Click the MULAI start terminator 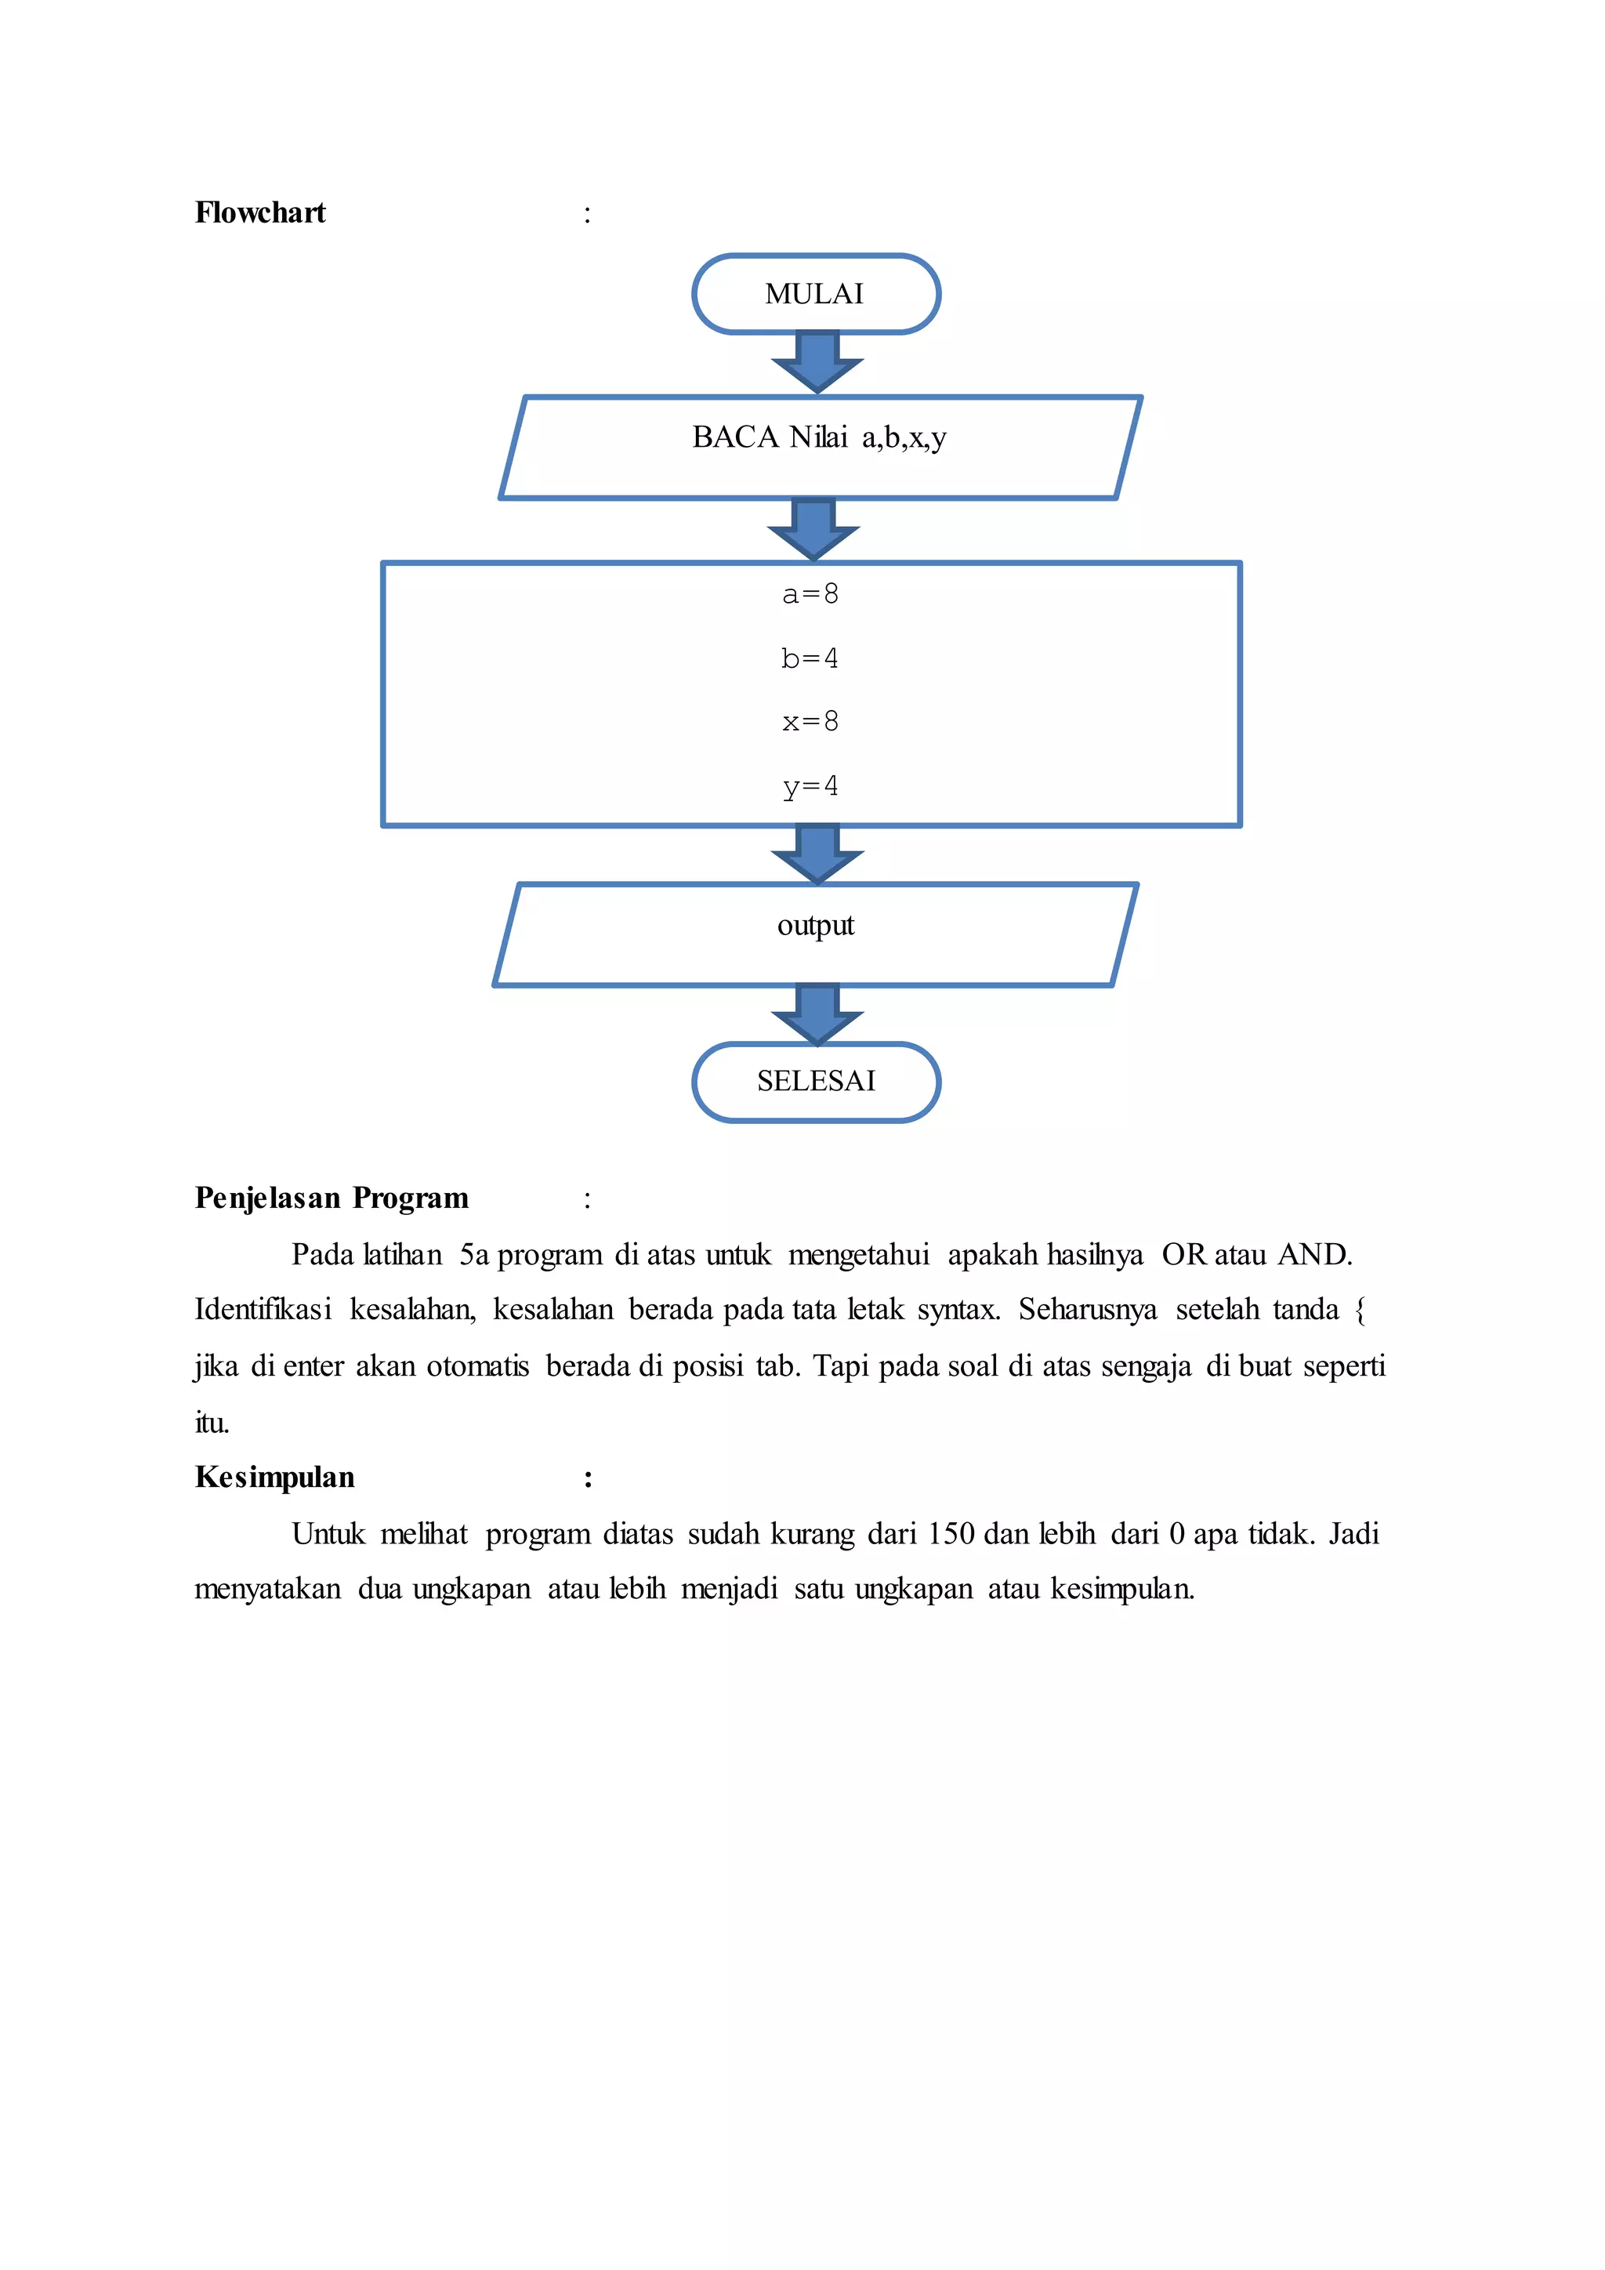[x=815, y=294]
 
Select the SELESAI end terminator [x=815, y=1082]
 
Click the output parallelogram [x=815, y=934]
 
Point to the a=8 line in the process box [x=810, y=594]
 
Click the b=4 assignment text [x=810, y=658]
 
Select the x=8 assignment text [x=810, y=722]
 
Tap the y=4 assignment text [x=810, y=787]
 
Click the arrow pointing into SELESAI [x=817, y=1014]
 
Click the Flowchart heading [x=260, y=212]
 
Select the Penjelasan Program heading [x=331, y=1198]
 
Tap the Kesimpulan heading [x=275, y=1477]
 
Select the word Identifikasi [x=263, y=1310]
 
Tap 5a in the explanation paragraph [x=473, y=1255]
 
